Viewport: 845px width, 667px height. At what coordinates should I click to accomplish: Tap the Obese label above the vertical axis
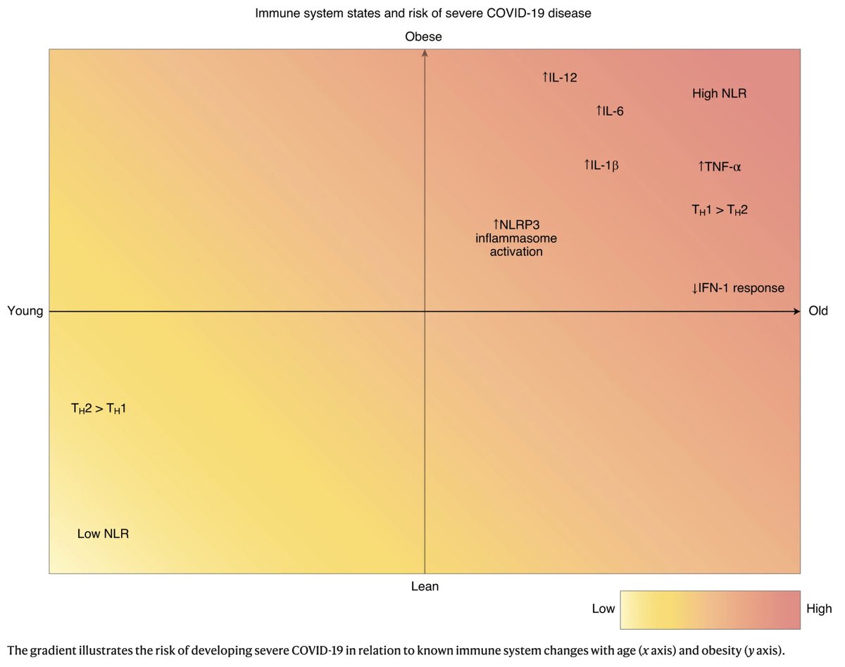tap(424, 37)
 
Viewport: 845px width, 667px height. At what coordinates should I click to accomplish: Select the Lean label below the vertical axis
tap(425, 586)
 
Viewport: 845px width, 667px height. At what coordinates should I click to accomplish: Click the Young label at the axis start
tap(25, 311)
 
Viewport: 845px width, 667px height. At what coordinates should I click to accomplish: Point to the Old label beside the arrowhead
tap(818, 311)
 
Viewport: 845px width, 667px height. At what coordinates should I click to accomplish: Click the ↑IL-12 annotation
tap(560, 78)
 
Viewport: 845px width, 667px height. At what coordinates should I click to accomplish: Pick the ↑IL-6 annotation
tap(609, 111)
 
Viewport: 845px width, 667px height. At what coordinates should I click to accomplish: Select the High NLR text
tap(719, 93)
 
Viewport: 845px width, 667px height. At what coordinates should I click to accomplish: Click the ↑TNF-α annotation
tap(720, 167)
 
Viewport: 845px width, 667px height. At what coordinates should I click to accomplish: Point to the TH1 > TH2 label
tap(719, 210)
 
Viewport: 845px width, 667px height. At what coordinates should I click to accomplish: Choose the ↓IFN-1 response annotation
tap(738, 288)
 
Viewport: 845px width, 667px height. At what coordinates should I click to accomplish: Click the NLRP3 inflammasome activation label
tap(516, 239)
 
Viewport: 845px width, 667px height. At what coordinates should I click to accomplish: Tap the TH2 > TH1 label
tap(98, 408)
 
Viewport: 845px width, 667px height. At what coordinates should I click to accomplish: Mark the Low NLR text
tap(103, 534)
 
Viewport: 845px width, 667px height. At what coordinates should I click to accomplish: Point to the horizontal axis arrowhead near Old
tap(796, 311)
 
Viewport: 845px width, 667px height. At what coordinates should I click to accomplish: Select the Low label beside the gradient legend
tap(603, 609)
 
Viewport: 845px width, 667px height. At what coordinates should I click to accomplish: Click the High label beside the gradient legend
tap(819, 609)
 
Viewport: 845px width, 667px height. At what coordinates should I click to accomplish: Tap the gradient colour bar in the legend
tap(710, 609)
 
